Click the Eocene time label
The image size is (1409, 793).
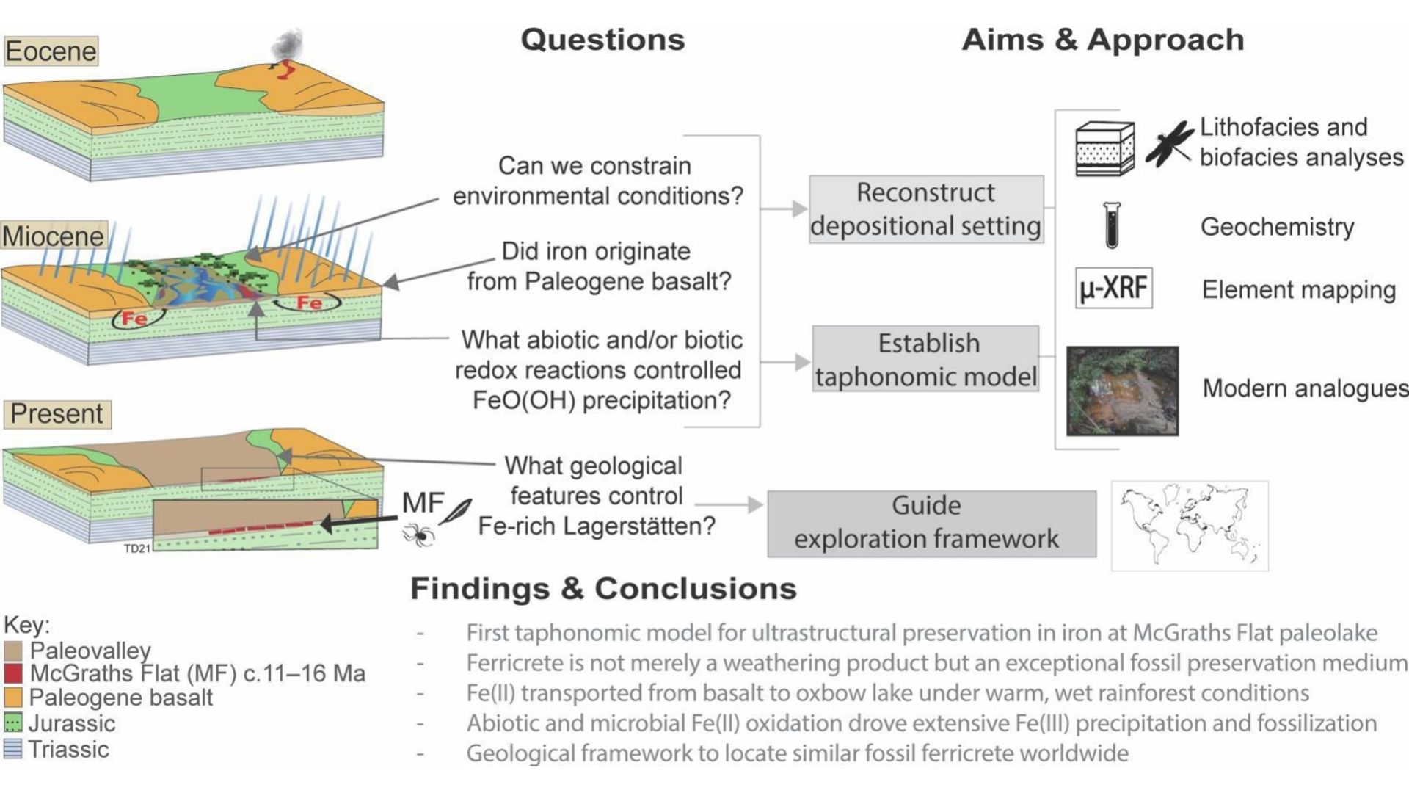51,51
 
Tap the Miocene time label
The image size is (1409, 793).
54,236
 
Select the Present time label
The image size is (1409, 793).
57,414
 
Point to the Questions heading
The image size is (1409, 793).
602,40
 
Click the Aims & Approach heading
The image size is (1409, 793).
1102,40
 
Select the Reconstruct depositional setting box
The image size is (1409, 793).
926,209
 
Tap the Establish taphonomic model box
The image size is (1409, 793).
926,359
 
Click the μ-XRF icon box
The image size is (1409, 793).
1113,288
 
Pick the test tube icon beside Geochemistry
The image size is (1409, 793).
1112,225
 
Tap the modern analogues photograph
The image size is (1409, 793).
1122,391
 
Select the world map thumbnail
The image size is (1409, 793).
1190,526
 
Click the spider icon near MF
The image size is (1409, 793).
419,534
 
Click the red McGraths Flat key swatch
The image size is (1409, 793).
13,673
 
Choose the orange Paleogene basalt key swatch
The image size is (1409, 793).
13,698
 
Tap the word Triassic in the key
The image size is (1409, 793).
68,750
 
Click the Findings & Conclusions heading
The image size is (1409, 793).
603,589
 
